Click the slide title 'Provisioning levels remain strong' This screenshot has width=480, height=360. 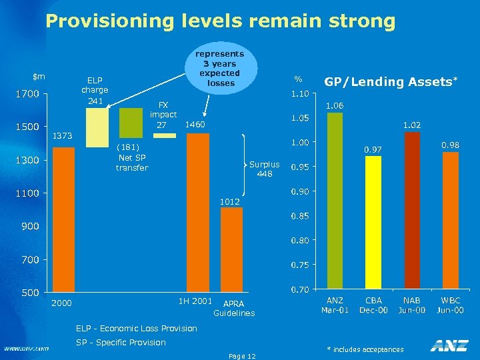coord(220,21)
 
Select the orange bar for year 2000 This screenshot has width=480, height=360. coord(63,219)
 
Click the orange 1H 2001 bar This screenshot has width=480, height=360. coord(198,213)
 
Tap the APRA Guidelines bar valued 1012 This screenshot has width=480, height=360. coord(231,249)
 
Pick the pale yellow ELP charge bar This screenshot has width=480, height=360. coord(97,127)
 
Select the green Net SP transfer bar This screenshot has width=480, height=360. coord(131,121)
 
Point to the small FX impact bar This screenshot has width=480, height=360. coord(165,135)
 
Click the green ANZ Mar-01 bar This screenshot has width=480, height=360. coord(334,201)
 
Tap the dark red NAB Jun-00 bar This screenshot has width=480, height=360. coord(412,211)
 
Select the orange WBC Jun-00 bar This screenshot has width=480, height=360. coord(451,221)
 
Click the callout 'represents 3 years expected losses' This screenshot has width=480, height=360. coord(220,68)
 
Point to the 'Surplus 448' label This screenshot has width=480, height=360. coord(265,169)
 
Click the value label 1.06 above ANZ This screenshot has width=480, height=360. coord(334,105)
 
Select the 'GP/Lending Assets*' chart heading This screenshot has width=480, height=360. coord(391,82)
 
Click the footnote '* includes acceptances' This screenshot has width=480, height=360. coord(365,349)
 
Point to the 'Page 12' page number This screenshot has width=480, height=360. coord(241,356)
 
